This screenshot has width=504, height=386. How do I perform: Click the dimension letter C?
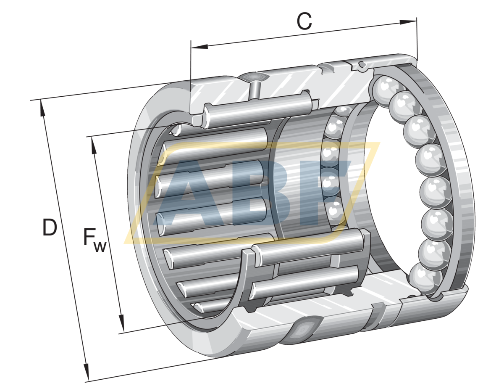click(304, 21)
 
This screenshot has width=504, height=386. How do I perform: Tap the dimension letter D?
click(49, 227)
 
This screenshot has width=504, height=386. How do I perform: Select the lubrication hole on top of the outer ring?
click(253, 77)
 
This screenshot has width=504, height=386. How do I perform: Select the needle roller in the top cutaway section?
click(258, 108)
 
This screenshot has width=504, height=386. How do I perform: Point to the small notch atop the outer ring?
click(361, 64)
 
